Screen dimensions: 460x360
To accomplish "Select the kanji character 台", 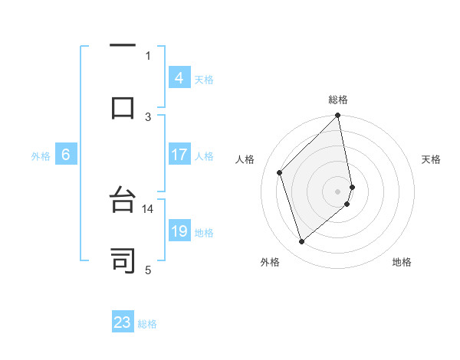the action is (x=123, y=201).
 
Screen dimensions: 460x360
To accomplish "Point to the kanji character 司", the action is (x=123, y=260).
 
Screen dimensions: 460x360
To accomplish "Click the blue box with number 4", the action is (x=179, y=77).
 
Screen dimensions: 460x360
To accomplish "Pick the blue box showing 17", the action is (x=179, y=155).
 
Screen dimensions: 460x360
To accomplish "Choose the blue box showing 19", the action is (x=179, y=232).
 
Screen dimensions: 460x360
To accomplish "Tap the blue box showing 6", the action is (x=66, y=155).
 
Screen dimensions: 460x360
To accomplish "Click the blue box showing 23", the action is (x=123, y=322).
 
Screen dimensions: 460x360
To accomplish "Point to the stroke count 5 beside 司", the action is (x=148, y=270).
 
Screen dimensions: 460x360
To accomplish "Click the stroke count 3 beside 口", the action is (x=148, y=116).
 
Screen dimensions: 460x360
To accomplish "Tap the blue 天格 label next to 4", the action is (x=204, y=79).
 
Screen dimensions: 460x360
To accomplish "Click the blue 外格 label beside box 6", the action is (x=41, y=156).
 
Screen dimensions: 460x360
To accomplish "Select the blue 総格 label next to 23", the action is (x=147, y=324).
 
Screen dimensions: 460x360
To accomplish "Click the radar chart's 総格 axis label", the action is (x=338, y=100).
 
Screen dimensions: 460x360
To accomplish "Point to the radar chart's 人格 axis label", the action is (x=245, y=159).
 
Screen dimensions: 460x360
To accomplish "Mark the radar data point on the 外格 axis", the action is (x=301, y=242).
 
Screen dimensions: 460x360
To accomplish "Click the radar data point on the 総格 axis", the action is (x=338, y=116).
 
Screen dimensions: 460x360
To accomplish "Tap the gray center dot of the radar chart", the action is (x=338, y=191).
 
